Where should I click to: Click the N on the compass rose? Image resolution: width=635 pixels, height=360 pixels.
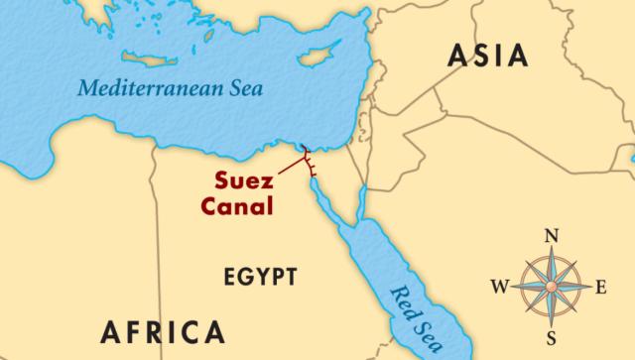[554, 237]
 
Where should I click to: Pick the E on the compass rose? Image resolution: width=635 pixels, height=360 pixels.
[601, 288]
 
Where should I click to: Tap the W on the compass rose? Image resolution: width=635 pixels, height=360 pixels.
[503, 288]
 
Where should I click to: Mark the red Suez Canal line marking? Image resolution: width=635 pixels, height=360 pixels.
[308, 165]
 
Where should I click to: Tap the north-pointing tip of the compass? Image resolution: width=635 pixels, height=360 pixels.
[554, 252]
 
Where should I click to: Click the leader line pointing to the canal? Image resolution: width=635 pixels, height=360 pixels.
[290, 169]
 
